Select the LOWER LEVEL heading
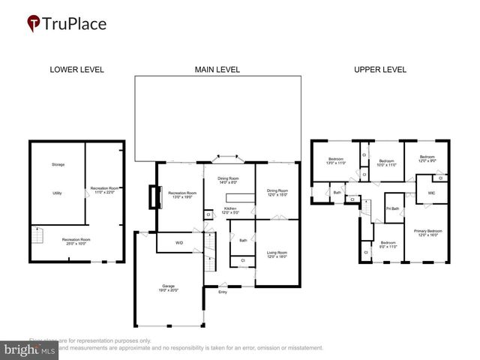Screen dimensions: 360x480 coord(76,70)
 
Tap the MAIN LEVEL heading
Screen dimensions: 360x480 coord(217,70)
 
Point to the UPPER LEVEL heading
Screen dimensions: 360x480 coord(380,70)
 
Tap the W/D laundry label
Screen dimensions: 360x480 coord(179,243)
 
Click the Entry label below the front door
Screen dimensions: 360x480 coord(223,292)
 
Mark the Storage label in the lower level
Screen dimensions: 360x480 coord(58,164)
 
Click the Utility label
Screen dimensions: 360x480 coord(56,193)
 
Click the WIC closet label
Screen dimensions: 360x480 coord(432,193)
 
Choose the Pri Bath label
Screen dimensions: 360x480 coord(392,208)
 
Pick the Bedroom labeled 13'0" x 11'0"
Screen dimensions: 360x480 coord(336,160)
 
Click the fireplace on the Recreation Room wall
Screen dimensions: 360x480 coord(155,196)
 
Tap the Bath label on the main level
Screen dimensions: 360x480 coord(243,241)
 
